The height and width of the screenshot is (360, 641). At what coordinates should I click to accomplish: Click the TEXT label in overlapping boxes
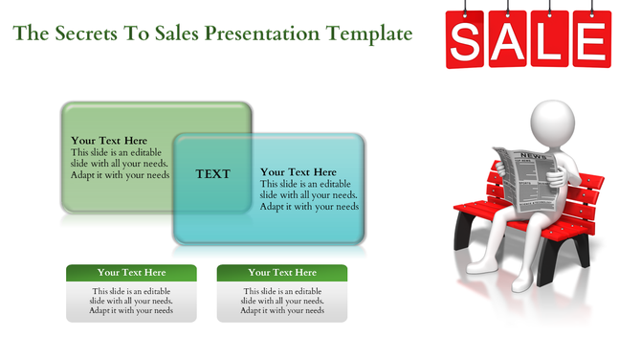click(212, 174)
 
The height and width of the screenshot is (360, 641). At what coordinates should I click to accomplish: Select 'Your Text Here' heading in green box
click(109, 141)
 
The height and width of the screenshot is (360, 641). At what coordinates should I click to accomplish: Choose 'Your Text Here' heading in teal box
click(298, 172)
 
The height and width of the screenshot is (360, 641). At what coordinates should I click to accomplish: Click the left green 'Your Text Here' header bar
click(131, 273)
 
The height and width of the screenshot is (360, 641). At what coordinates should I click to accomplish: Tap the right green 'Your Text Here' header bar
click(282, 273)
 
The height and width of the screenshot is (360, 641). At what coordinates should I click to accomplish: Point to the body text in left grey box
click(131, 301)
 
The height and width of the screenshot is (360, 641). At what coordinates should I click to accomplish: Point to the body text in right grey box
click(282, 301)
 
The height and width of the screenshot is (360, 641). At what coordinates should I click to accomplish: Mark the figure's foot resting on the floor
click(520, 283)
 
